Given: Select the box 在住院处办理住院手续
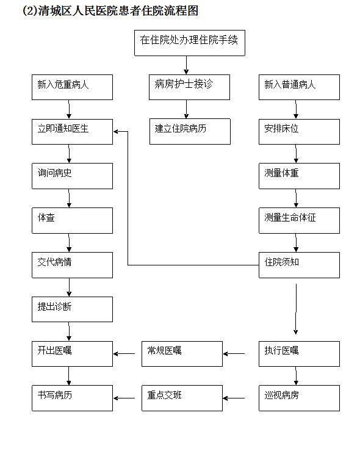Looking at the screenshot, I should click(x=189, y=42).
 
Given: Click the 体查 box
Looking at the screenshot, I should click(x=73, y=220).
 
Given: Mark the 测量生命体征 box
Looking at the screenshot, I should click(x=299, y=220).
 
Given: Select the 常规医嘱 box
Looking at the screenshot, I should click(x=182, y=353).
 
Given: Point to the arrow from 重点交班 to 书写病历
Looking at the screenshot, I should click(x=125, y=398).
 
